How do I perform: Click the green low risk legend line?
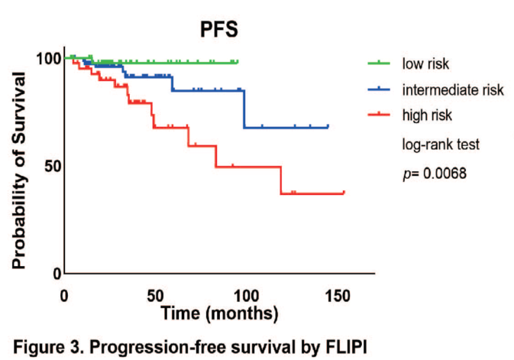[x=380, y=63]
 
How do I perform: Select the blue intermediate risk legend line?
[x=380, y=89]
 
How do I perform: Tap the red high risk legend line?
[x=380, y=115]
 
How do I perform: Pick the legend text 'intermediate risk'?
[x=453, y=90]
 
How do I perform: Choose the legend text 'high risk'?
[x=427, y=116]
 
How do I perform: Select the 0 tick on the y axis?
[x=55, y=273]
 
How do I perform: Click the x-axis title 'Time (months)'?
[x=220, y=313]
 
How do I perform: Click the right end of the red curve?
[x=344, y=193]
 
